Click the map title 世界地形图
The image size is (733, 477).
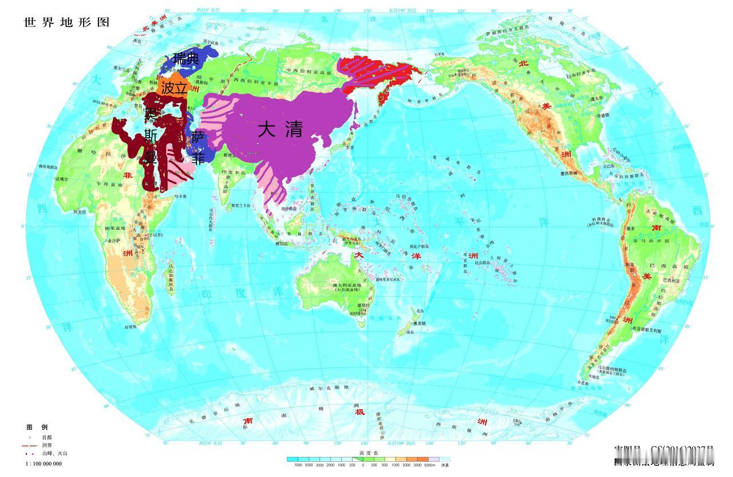66,22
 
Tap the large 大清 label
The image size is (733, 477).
279,130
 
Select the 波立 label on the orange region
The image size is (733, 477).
174,88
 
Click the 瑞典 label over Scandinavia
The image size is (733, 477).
187,58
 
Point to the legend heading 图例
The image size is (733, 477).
37,428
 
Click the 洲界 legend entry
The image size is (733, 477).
46,445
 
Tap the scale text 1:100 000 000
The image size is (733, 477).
44,463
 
